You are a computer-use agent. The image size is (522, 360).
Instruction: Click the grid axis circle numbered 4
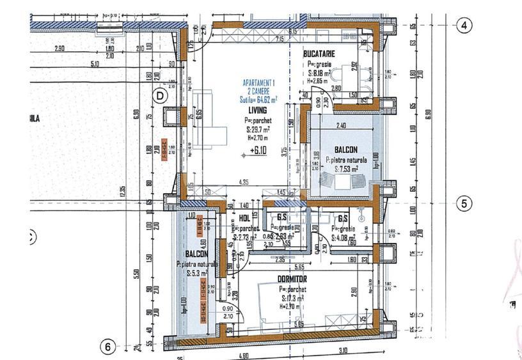point(464,26)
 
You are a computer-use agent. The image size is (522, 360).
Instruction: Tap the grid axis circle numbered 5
point(464,204)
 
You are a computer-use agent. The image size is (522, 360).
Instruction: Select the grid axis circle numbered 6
point(109,347)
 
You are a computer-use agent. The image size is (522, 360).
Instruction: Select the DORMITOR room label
point(292,279)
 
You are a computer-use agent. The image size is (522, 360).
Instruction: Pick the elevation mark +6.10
point(258,152)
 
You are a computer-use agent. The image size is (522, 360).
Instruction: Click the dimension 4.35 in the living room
point(244,182)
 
